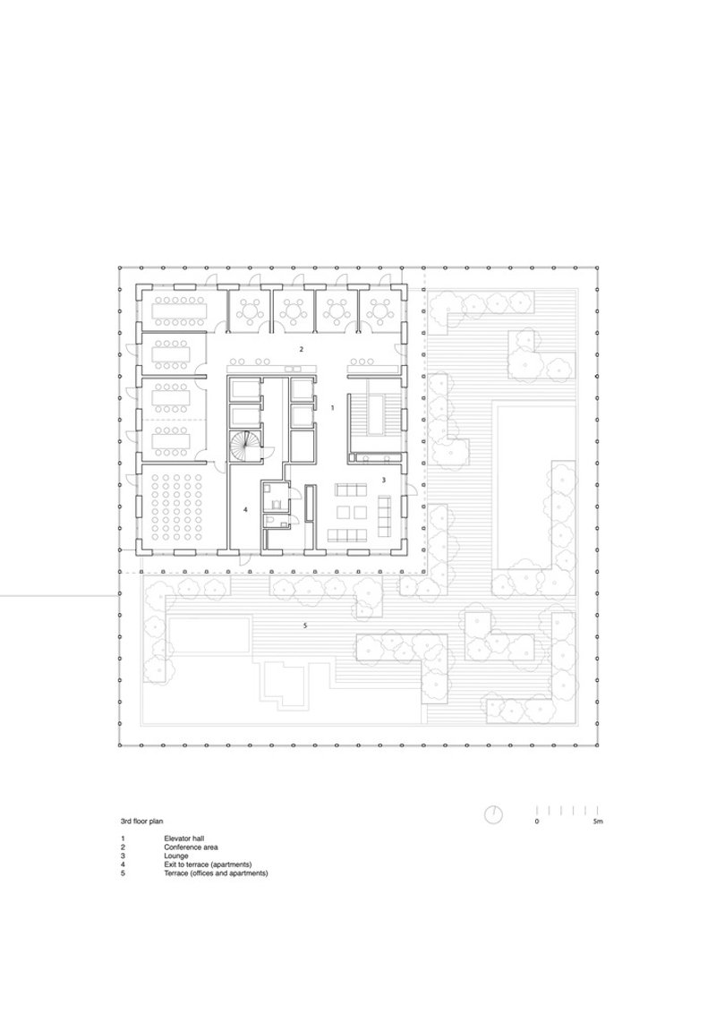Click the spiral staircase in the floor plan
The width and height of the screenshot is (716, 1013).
click(x=243, y=447)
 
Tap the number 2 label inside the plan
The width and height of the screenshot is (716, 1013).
click(x=301, y=350)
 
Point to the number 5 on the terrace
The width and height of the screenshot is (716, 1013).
click(x=305, y=626)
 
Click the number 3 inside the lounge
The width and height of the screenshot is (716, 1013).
click(x=383, y=480)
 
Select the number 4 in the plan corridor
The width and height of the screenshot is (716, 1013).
click(x=245, y=510)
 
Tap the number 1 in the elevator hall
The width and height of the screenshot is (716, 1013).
click(x=333, y=408)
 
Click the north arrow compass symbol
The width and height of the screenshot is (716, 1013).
click(x=494, y=814)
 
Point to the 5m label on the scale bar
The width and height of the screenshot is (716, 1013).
click(x=598, y=821)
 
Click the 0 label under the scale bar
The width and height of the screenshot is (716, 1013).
click(x=536, y=821)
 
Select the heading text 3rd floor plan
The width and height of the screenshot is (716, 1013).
click(x=141, y=821)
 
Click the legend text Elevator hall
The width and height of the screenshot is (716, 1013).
click(x=184, y=838)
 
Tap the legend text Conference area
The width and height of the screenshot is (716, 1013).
click(x=191, y=847)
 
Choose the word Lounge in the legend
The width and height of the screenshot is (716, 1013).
click(x=175, y=856)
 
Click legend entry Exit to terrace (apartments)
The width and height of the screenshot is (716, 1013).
click(x=208, y=864)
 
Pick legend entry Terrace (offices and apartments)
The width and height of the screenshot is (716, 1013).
click(x=216, y=873)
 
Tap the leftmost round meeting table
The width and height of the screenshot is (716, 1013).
click(x=250, y=311)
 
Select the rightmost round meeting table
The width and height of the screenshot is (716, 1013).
click(x=381, y=311)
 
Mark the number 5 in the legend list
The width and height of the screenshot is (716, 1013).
click(x=122, y=873)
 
